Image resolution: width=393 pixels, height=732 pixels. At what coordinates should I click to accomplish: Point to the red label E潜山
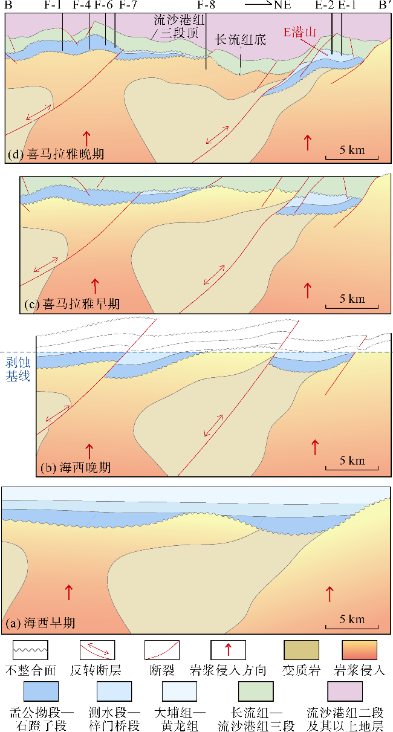click(x=300, y=32)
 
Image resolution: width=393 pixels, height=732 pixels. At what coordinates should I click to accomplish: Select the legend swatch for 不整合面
click(x=30, y=650)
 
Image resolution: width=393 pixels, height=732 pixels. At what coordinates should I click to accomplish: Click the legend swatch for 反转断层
click(x=97, y=650)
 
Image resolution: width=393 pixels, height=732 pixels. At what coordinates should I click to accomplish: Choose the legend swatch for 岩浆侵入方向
click(x=228, y=650)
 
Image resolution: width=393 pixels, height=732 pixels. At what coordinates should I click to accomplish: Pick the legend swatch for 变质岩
click(x=301, y=650)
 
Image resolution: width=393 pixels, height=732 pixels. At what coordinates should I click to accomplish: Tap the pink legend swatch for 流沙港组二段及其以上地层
click(x=345, y=690)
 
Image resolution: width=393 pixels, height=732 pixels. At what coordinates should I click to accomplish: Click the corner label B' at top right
click(x=383, y=5)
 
